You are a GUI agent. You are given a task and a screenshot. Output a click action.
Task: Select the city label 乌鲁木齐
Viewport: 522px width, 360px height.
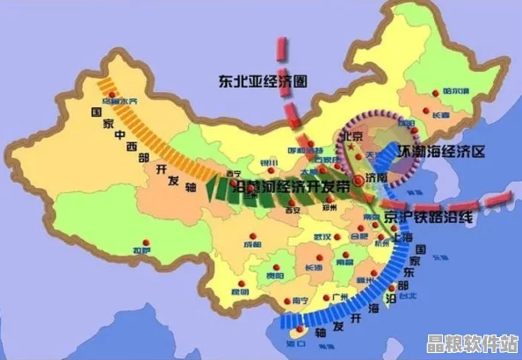[120, 102]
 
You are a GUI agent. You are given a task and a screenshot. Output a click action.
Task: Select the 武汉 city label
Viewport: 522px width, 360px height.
[323, 238]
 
